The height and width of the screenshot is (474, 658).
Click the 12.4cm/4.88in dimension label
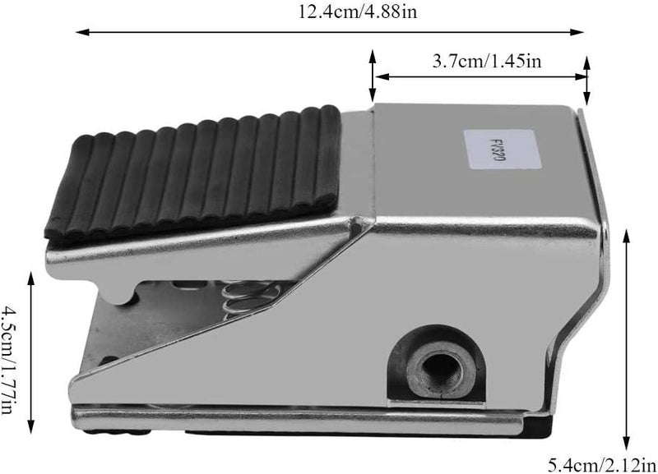358,12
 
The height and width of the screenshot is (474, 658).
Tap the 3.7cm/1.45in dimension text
487,61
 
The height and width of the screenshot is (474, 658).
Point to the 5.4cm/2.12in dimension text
602,464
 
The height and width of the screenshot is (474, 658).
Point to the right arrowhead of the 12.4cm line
577,32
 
